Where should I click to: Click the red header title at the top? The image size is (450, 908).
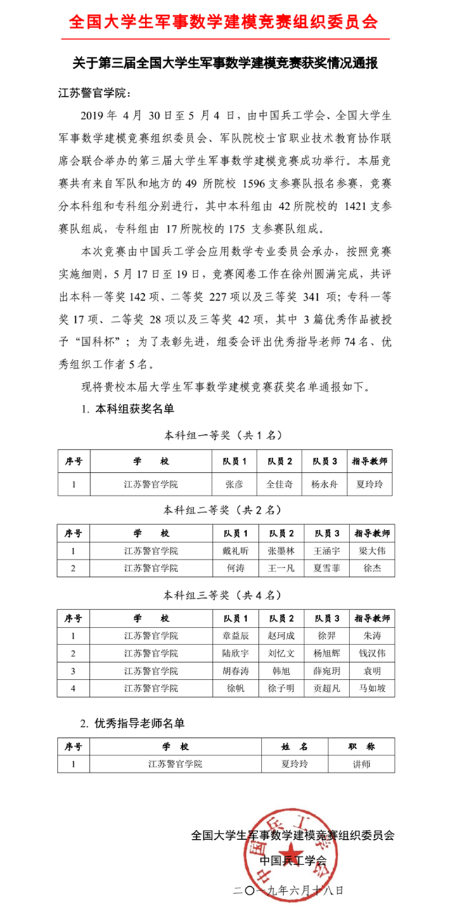pyautogui.click(x=224, y=22)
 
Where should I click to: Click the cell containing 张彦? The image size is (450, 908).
pyautogui.click(x=234, y=484)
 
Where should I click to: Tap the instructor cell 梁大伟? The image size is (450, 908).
pyautogui.click(x=372, y=550)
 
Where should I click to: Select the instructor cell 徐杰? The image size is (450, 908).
pyautogui.click(x=372, y=567)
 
